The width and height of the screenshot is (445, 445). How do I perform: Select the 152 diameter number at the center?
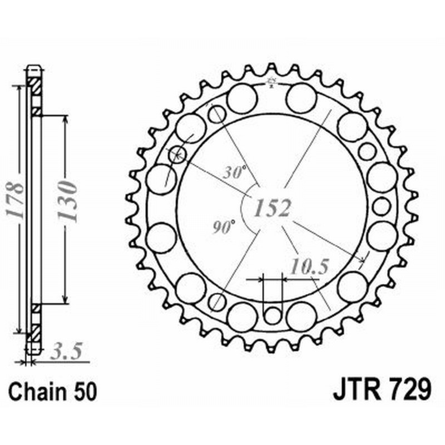click(x=273, y=207)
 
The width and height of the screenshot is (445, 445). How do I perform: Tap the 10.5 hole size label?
click(x=306, y=267)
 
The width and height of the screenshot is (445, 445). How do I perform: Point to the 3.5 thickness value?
click(x=65, y=351)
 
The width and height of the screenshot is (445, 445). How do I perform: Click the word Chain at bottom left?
click(x=37, y=392)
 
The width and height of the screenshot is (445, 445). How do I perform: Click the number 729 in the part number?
click(x=409, y=390)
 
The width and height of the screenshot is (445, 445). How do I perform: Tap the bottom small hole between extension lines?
click(x=273, y=315)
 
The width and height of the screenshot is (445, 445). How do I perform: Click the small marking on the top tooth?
click(x=272, y=83)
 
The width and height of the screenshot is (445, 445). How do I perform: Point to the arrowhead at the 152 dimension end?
click(x=362, y=259)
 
